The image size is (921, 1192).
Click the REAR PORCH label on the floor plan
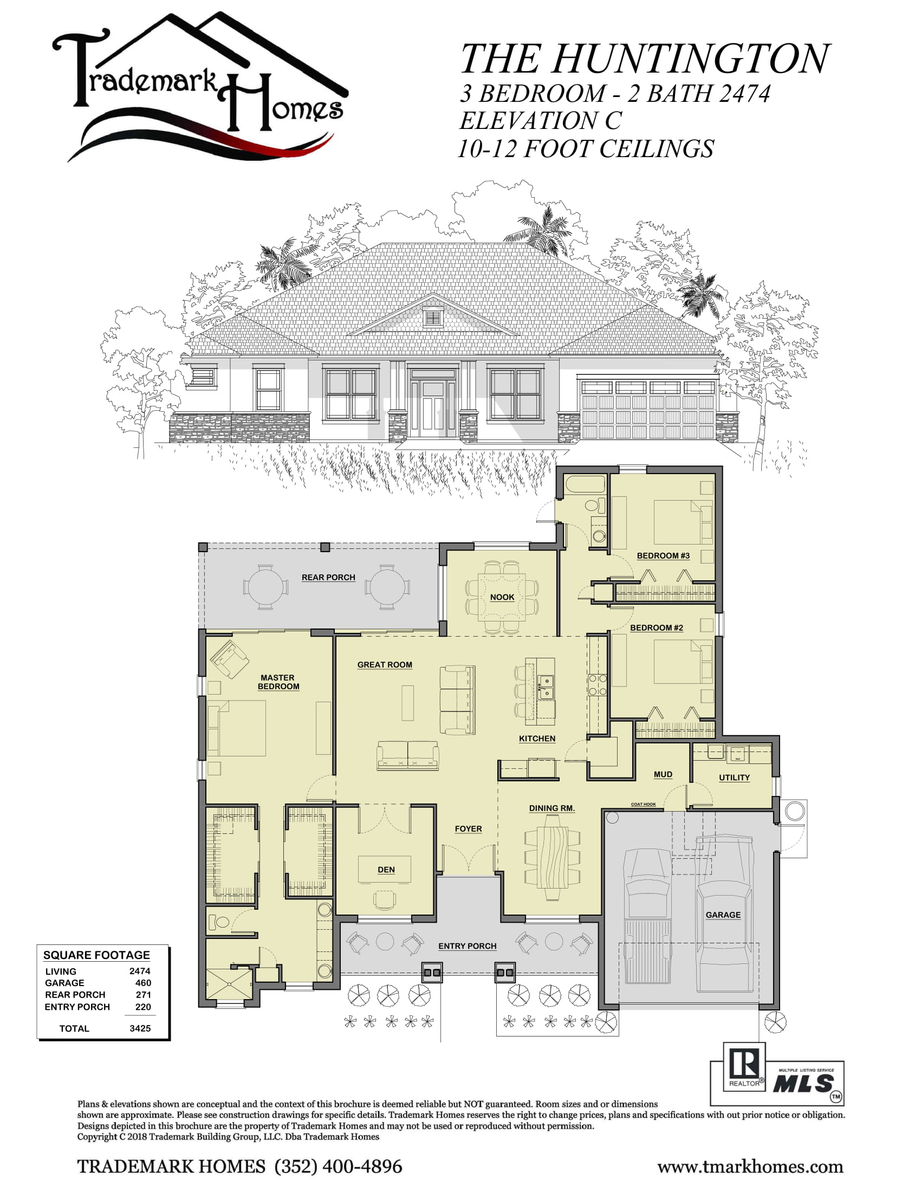tap(328, 578)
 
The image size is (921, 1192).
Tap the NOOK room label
tap(502, 597)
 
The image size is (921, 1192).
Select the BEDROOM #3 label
tap(663, 555)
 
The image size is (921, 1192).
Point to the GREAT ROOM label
tap(385, 665)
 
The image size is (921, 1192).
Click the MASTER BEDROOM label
tap(278, 682)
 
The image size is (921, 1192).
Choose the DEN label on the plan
tap(386, 870)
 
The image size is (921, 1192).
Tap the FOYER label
tap(468, 829)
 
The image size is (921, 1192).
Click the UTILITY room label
tap(734, 778)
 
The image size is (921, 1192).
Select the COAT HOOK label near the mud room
tap(643, 805)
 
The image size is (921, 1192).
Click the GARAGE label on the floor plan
tap(723, 915)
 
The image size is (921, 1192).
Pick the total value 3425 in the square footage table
tap(140, 1028)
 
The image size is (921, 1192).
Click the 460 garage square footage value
tap(143, 982)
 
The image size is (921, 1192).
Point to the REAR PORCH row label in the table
tap(75, 994)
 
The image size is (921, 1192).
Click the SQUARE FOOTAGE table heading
tap(96, 955)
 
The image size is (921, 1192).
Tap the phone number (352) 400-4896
tap(338, 1167)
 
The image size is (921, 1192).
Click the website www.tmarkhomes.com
tap(750, 1167)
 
